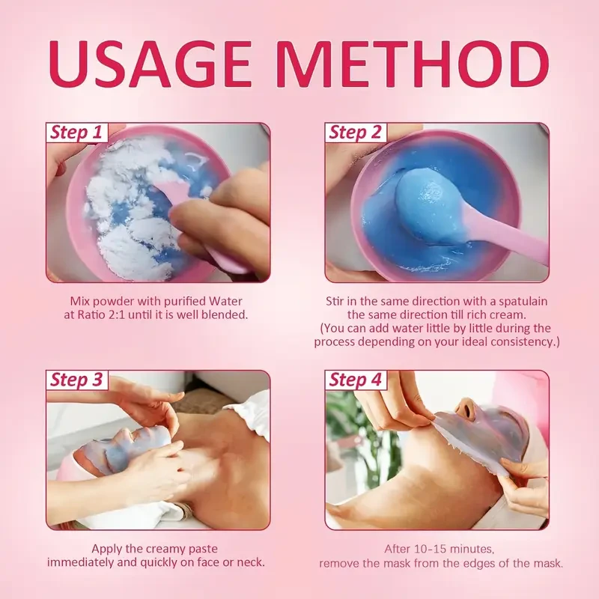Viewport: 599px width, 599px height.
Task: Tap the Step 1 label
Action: [75, 133]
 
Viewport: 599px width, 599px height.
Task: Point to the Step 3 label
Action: [75, 380]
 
